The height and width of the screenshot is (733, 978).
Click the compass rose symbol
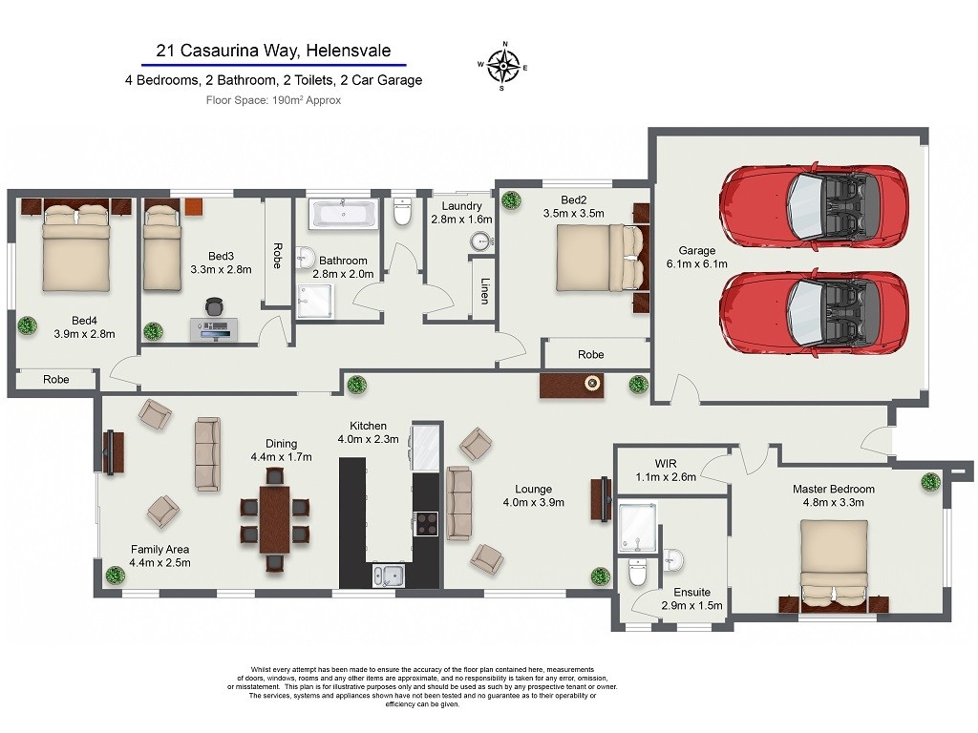[502, 66]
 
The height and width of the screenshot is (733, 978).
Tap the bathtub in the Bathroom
[344, 214]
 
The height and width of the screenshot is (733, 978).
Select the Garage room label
[696, 251]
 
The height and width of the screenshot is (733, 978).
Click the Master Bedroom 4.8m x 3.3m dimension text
[833, 502]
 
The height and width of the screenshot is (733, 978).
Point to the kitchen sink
[388, 575]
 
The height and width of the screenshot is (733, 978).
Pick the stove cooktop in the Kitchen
[427, 523]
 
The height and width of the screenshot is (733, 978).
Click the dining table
[274, 520]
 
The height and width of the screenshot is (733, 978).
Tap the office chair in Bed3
[214, 306]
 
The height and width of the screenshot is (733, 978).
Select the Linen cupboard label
[484, 291]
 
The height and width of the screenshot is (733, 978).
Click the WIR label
[666, 464]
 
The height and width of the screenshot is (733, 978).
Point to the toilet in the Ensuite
[637, 573]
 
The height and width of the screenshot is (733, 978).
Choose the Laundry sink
[481, 241]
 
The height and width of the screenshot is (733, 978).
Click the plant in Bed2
[511, 200]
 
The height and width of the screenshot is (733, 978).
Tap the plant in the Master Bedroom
[930, 482]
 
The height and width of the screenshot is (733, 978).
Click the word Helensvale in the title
[349, 51]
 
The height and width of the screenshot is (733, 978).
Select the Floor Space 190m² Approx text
[273, 100]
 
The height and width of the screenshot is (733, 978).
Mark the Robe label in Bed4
[56, 379]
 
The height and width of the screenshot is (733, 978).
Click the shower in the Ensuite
[637, 528]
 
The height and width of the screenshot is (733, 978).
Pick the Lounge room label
[533, 490]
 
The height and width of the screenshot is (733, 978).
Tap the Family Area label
[159, 549]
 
